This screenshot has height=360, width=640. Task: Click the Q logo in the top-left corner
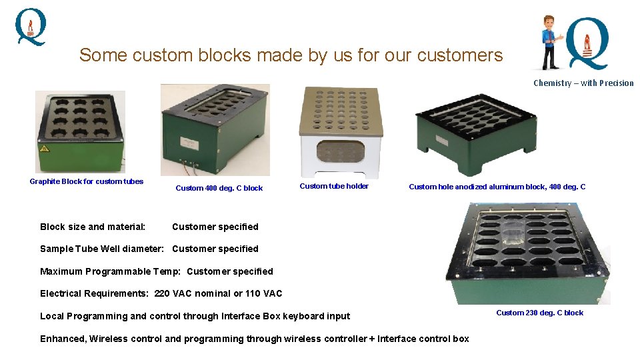[x=31, y=27]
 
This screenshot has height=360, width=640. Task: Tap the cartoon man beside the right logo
[x=551, y=42]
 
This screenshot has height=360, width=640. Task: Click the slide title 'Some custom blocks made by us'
[x=291, y=55]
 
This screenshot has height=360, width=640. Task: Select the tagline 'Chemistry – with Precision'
[x=583, y=83]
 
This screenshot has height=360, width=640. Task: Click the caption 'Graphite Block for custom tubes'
[x=86, y=181]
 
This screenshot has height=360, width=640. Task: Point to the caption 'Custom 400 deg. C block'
[x=219, y=188]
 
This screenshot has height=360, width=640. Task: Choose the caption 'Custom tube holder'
[x=334, y=186]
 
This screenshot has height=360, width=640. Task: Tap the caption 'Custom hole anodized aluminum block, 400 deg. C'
[x=497, y=187]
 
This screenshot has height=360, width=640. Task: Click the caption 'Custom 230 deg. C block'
[x=539, y=313]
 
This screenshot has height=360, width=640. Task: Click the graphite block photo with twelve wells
[x=80, y=131]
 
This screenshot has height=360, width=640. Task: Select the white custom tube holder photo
[x=341, y=133]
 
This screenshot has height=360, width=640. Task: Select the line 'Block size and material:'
[x=93, y=227]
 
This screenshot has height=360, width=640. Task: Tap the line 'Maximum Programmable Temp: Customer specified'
[x=156, y=271]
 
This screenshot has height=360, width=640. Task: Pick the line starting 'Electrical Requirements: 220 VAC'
[x=161, y=293]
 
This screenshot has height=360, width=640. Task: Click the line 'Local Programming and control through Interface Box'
[x=195, y=316]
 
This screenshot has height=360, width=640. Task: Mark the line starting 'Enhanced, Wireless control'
[x=254, y=339]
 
